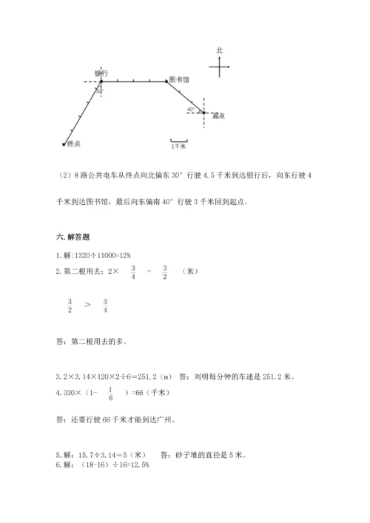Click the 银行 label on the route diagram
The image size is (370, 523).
point(102,72)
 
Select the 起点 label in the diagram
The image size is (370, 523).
point(218,116)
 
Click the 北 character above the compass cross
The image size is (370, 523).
point(219,50)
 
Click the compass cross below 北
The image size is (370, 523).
point(220,67)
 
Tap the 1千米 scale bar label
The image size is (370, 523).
point(178,146)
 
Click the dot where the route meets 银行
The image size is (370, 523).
point(101,81)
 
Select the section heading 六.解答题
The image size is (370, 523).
point(73,237)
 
